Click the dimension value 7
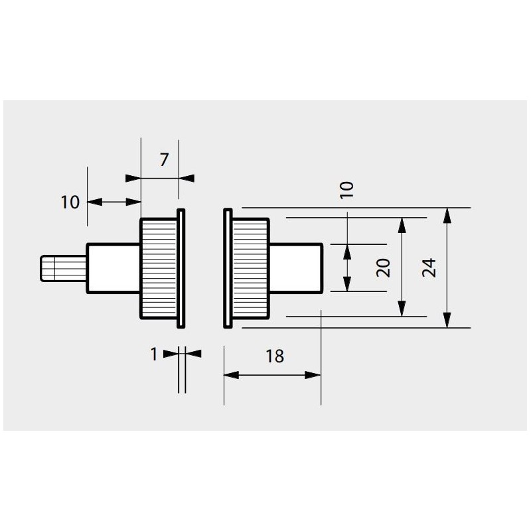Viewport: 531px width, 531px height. coord(165,159)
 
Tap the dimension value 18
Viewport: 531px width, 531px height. coord(274,356)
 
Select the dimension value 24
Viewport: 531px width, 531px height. coord(429,267)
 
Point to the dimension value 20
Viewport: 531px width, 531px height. coord(382,267)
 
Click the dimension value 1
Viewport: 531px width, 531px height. coord(154,354)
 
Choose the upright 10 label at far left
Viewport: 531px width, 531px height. coord(70,202)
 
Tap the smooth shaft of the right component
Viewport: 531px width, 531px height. coord(296,267)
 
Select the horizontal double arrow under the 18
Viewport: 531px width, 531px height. coord(272,375)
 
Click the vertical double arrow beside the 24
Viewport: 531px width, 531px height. coord(448,267)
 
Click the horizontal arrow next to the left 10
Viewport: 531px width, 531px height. coord(114,201)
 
